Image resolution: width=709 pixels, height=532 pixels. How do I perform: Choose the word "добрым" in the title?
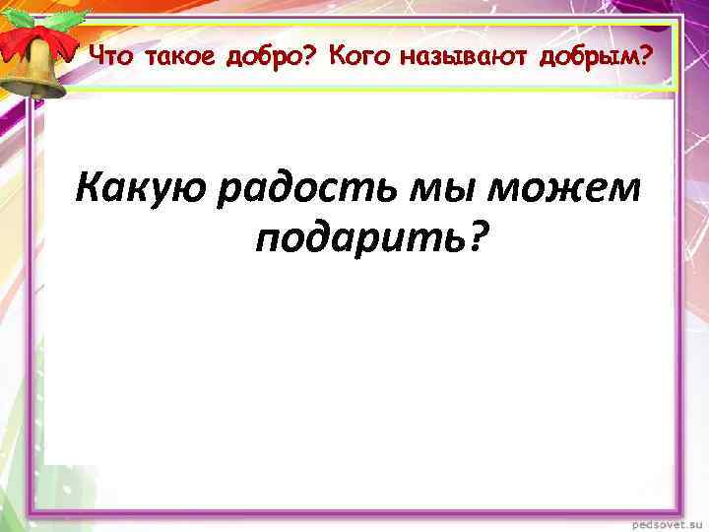click(591, 57)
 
